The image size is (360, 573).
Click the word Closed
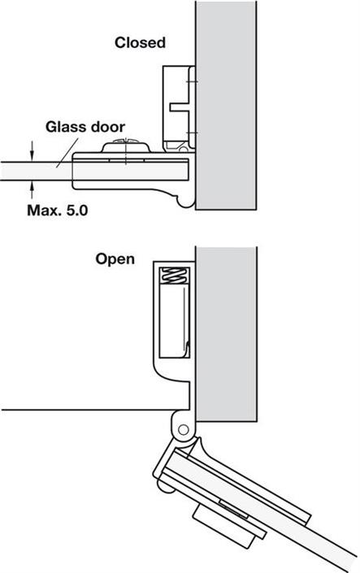pyautogui.click(x=140, y=43)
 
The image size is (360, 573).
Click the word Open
pyautogui.click(x=115, y=260)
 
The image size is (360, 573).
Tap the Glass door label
pyautogui.click(x=85, y=127)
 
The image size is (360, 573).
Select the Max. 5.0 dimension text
pyautogui.click(x=58, y=211)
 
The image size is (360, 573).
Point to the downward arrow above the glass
pyautogui.click(x=33, y=151)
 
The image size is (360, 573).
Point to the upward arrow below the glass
pyautogui.click(x=33, y=190)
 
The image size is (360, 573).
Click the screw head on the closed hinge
pyautogui.click(x=125, y=145)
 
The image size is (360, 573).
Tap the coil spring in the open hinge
pyautogui.click(x=176, y=275)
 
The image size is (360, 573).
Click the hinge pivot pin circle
pyautogui.click(x=183, y=429)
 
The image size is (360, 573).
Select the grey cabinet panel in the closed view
pyautogui.click(x=226, y=105)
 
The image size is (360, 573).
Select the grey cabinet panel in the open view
pyautogui.click(x=226, y=334)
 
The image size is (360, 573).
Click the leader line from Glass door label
pyautogui.click(x=67, y=153)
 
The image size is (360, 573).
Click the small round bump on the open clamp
pyautogui.click(x=163, y=485)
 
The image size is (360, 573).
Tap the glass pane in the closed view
pyautogui.click(x=95, y=171)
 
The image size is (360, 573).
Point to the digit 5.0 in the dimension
pyautogui.click(x=77, y=211)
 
